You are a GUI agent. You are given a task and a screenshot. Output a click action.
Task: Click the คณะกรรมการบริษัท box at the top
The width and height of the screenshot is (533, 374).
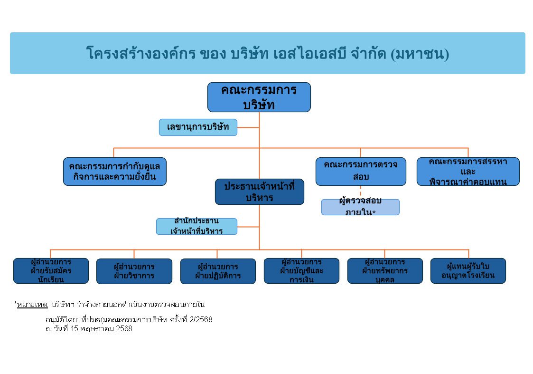point(259,97)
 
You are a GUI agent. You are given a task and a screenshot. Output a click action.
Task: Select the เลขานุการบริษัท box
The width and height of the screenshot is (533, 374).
point(198,127)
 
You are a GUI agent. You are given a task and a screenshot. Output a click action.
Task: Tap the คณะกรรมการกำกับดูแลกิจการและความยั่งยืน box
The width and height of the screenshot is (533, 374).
point(114,172)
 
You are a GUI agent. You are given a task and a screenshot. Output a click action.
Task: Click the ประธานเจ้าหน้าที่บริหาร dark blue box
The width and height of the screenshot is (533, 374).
point(259,192)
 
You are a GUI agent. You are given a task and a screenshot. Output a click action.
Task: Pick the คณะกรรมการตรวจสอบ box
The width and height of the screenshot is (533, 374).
point(361,172)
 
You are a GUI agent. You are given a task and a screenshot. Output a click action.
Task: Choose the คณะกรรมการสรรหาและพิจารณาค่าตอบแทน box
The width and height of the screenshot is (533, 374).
point(468,172)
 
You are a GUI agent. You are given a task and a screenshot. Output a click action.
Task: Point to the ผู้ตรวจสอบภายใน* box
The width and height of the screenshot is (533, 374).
point(360,207)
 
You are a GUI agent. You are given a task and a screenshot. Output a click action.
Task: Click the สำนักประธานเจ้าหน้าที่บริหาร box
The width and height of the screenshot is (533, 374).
point(196,226)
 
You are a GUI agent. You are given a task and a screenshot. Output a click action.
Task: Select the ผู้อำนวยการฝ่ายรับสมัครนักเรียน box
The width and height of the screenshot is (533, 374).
point(51,271)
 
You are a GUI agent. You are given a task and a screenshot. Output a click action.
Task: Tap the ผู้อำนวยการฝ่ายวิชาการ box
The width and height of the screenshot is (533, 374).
point(134,271)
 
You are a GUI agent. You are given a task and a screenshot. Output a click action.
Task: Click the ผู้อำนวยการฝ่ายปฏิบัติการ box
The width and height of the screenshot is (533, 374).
point(218,271)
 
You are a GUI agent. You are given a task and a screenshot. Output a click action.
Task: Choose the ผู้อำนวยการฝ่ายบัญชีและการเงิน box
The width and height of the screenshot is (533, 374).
point(301,271)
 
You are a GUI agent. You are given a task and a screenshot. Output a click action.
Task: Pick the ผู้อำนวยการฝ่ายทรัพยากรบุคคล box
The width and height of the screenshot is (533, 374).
point(385,271)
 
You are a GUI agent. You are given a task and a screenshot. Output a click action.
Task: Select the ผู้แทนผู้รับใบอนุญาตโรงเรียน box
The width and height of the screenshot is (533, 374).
point(468,271)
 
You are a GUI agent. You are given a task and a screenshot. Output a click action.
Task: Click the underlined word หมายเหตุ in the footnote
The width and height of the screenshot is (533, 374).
point(32,305)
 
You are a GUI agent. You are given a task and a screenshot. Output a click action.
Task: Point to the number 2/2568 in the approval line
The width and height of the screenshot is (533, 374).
point(201,319)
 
